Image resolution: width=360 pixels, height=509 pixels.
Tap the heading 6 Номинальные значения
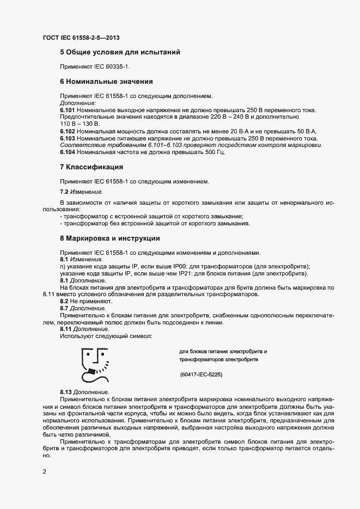[106, 82]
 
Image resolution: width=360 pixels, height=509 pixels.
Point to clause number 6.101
[68, 111]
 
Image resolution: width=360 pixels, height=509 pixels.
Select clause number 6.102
[68, 131]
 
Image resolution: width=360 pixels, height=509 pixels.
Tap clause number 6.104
[68, 152]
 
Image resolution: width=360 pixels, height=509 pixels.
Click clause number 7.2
[64, 192]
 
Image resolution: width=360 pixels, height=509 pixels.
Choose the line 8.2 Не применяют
[86, 301]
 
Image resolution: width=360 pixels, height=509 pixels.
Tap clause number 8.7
[64, 308]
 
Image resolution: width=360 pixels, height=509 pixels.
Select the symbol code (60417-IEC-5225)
[201, 375]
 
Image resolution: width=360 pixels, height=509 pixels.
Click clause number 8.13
[65, 393]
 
